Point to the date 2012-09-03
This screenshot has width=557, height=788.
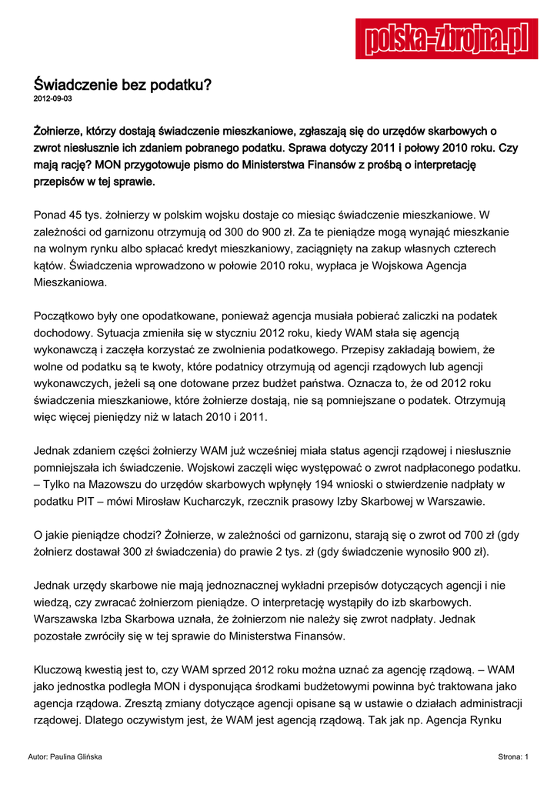click(x=53, y=100)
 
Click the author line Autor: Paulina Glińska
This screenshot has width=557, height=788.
click(x=65, y=757)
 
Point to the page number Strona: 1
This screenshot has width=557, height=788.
click(x=513, y=757)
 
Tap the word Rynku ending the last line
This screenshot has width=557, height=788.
click(x=504, y=720)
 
